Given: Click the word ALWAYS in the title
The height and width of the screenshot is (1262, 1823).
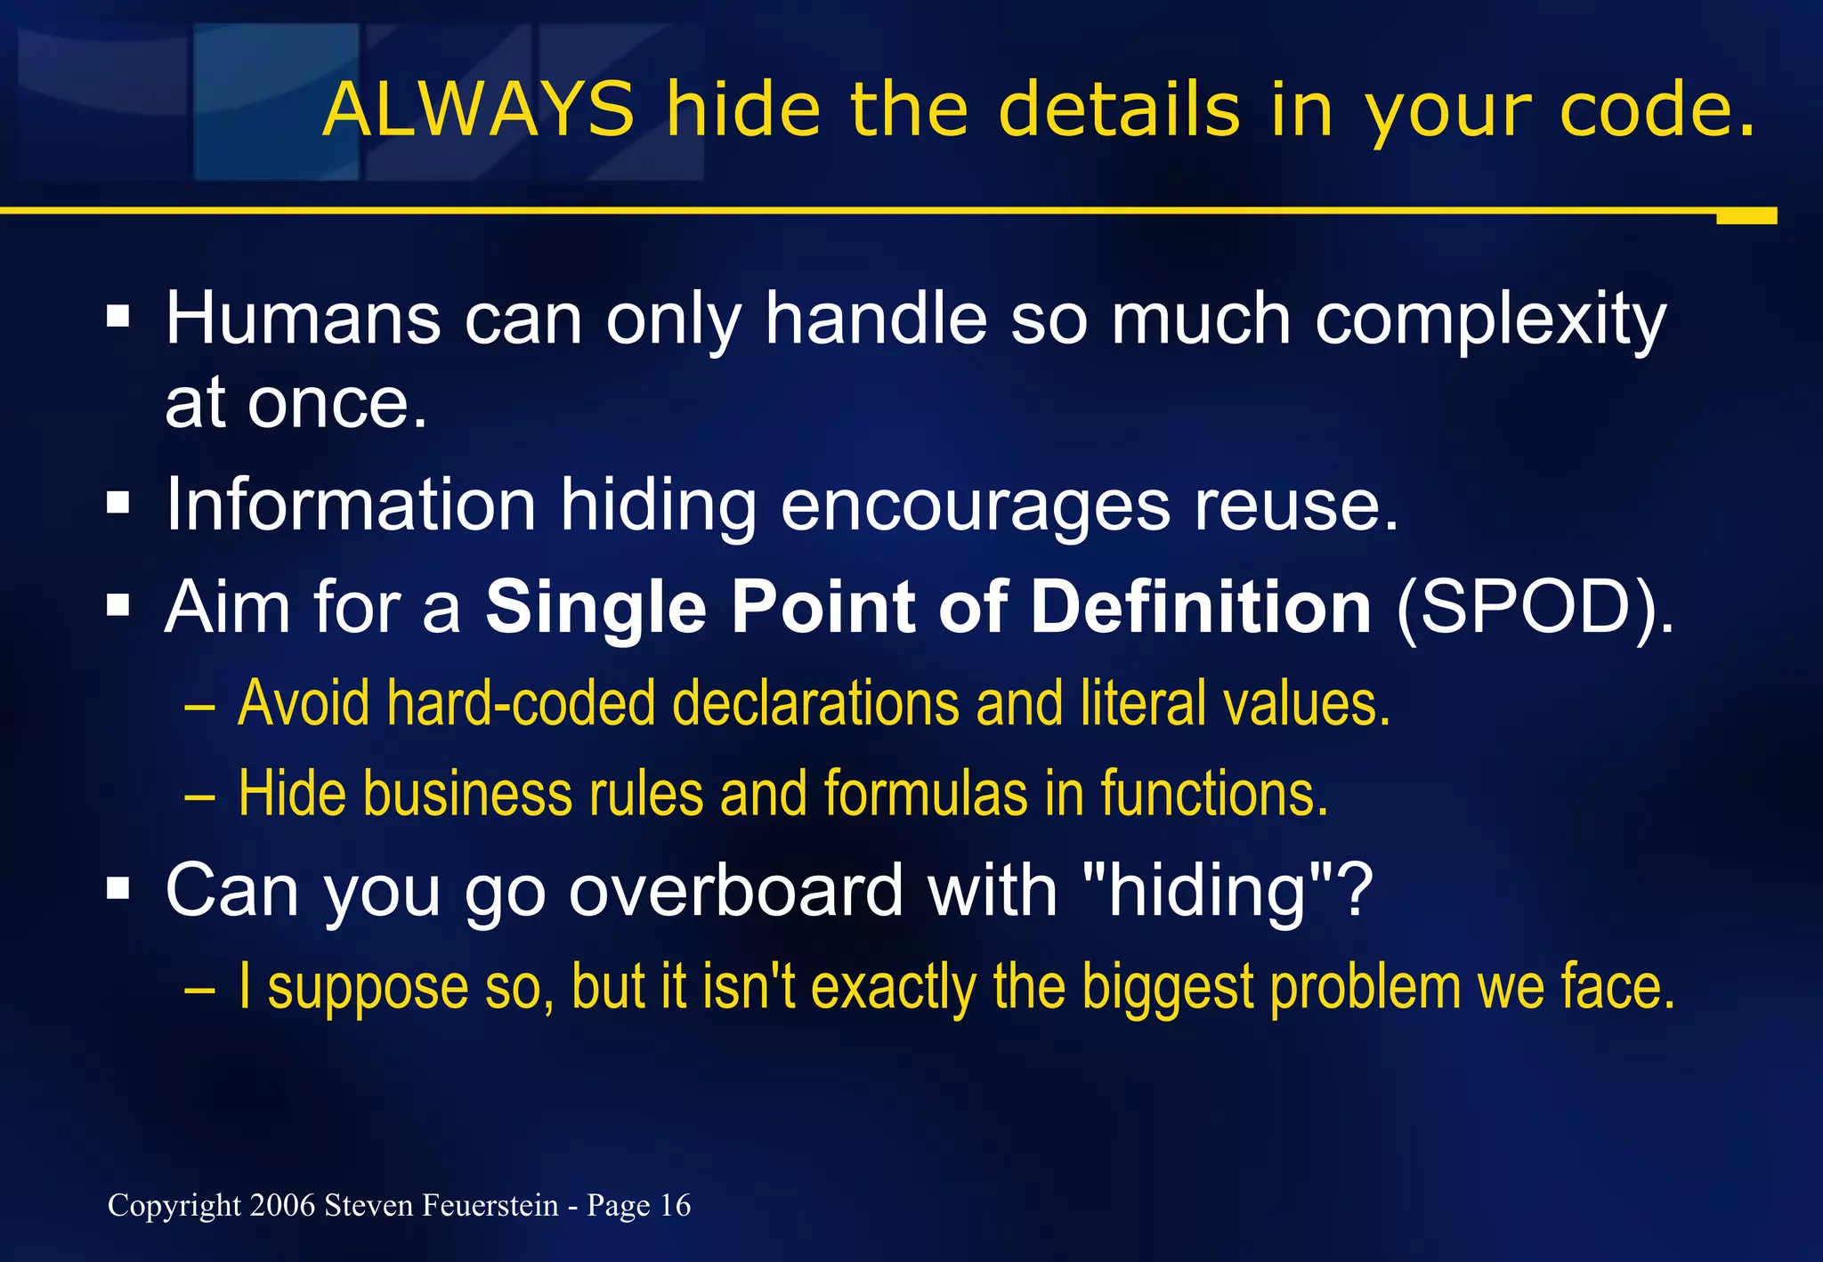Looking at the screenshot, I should click(x=479, y=109).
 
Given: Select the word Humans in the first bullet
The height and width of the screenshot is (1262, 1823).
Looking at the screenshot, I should click(x=303, y=319).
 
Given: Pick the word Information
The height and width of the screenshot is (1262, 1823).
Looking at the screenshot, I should click(x=351, y=506).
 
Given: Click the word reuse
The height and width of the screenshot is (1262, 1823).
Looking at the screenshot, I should click(x=1296, y=506).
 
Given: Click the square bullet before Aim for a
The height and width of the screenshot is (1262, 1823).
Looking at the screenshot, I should click(x=117, y=607).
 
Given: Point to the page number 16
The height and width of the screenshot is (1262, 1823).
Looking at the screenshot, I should click(x=675, y=1205).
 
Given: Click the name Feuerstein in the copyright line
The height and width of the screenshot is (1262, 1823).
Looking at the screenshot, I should click(x=490, y=1205).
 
